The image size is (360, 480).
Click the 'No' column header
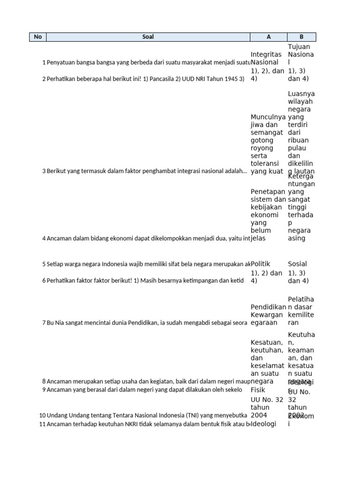pyautogui.click(x=38, y=37)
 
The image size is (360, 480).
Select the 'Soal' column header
pyautogui.click(x=148, y=37)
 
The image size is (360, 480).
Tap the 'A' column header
pyautogui.click(x=269, y=37)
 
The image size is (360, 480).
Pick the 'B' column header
pyautogui.click(x=301, y=37)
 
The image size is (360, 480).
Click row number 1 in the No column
pyautogui.click(x=44, y=62)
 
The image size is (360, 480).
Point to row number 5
pyautogui.click(x=44, y=264)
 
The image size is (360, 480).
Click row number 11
pyautogui.click(x=42, y=424)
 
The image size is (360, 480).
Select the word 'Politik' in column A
pyautogui.click(x=261, y=264)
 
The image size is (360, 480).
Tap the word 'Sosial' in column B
pyautogui.click(x=297, y=264)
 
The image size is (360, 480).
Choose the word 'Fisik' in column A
pyautogui.click(x=258, y=390)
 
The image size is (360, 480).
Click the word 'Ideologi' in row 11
pyautogui.click(x=263, y=424)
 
